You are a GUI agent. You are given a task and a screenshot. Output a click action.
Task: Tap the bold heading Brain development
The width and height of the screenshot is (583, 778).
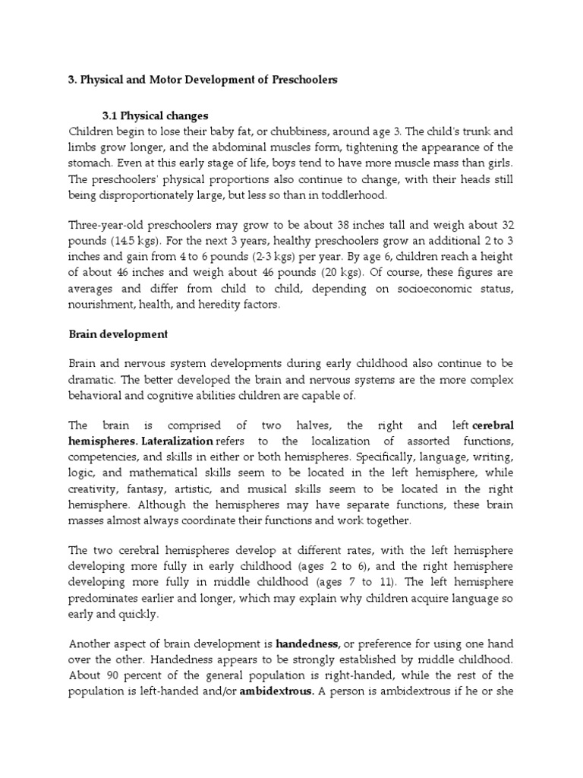pos(118,334)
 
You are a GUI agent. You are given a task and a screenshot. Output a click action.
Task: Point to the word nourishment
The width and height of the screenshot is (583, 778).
pos(102,305)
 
